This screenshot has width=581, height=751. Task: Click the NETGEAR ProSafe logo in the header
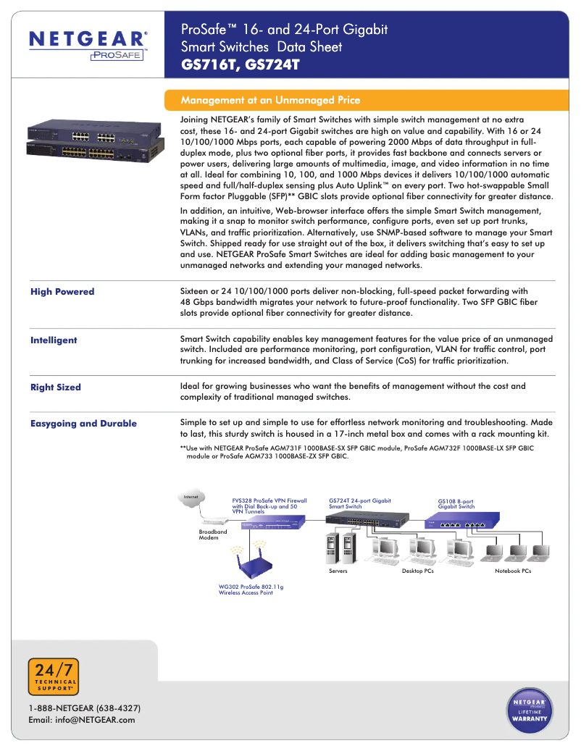coord(88,44)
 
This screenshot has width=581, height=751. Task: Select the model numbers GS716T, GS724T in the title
coord(240,65)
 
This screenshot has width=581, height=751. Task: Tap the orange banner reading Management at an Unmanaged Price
coord(270,100)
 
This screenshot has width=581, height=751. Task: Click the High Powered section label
coord(62,292)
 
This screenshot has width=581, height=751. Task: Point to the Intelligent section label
coord(54,340)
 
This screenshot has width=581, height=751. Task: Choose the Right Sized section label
coord(56,387)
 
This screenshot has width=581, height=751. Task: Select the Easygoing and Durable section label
coord(83,424)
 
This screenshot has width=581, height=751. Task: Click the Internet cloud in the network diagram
coord(191,498)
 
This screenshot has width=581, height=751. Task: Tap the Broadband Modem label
coord(213,534)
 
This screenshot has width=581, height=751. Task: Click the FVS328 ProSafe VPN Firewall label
coord(269,505)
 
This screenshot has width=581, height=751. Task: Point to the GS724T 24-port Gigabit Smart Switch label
coord(359,503)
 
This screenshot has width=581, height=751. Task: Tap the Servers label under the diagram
coord(338,571)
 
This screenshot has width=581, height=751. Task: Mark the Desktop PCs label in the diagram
coord(418,571)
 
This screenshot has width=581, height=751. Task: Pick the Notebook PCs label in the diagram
coord(513,571)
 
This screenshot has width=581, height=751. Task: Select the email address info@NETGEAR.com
coord(81,720)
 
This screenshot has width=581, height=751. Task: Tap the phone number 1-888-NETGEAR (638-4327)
coord(84,708)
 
